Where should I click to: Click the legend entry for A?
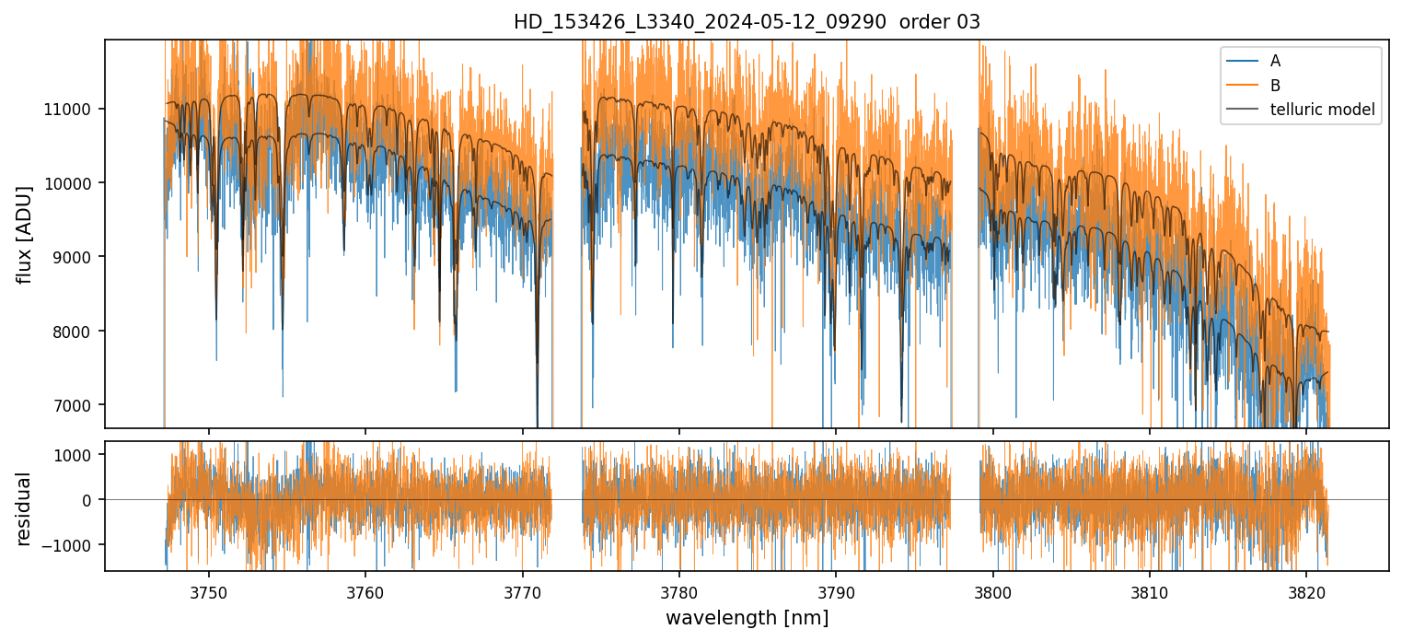click(x=1275, y=61)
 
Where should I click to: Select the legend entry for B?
click(x=1275, y=86)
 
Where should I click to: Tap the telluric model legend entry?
click(x=1322, y=111)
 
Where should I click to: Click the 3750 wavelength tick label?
click(x=209, y=589)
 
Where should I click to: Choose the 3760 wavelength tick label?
click(x=365, y=589)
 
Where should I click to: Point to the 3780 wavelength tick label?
click(x=679, y=589)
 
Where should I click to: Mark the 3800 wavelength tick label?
click(x=993, y=589)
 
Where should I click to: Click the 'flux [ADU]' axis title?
click(x=25, y=234)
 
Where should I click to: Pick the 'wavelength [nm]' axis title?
click(x=747, y=618)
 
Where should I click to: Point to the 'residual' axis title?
click(x=25, y=508)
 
